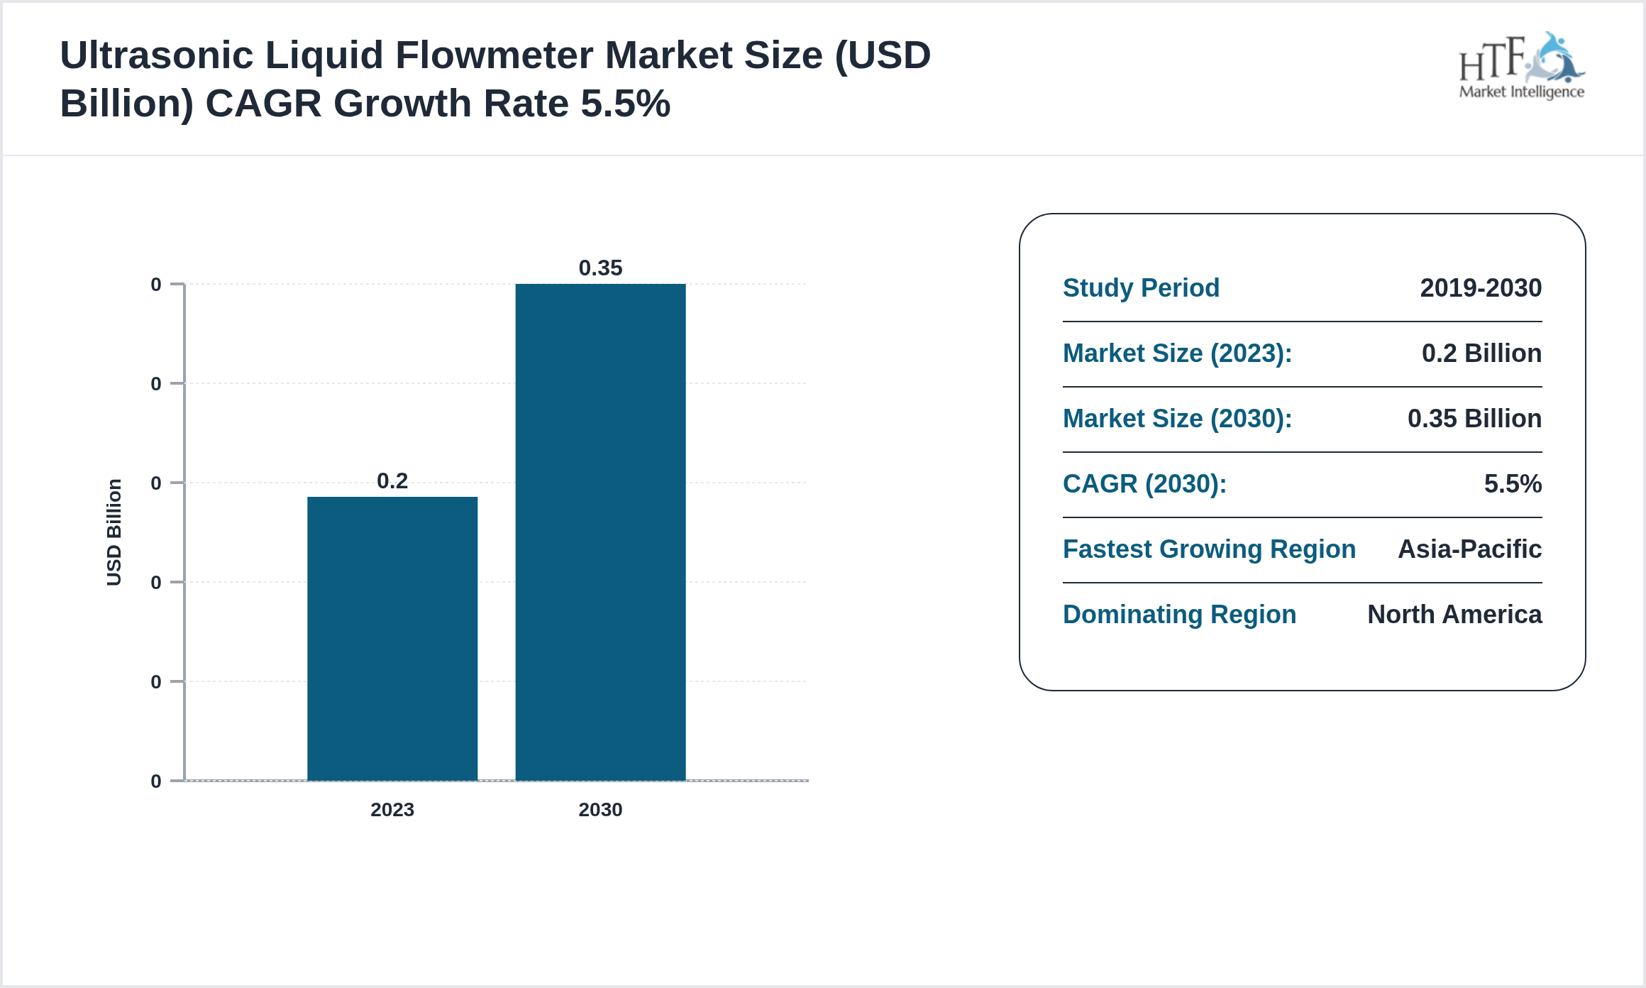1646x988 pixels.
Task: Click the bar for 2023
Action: (392, 638)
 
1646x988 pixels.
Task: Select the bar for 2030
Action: (600, 532)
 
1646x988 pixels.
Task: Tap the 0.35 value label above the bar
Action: (600, 268)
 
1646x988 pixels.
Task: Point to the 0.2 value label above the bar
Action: (392, 481)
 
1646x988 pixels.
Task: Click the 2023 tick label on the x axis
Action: (392, 810)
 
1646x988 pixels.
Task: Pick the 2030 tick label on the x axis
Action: (600, 810)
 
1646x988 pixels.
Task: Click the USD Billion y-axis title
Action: (114, 532)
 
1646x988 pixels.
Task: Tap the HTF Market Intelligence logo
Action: (1521, 67)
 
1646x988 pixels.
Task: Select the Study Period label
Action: (1141, 288)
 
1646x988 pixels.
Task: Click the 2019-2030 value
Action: (1481, 288)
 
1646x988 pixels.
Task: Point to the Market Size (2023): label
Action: (1177, 353)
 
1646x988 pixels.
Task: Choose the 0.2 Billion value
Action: (1481, 353)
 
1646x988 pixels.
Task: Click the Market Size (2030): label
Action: (1177, 419)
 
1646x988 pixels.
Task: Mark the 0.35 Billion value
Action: (1474, 419)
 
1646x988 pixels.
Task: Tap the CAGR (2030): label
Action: (1144, 484)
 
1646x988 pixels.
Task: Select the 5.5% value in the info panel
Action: (1513, 484)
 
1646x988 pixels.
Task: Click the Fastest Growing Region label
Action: (1209, 549)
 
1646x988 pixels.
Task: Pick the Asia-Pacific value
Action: (1469, 549)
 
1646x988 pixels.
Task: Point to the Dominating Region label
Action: (1179, 615)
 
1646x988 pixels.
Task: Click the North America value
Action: (1454, 615)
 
